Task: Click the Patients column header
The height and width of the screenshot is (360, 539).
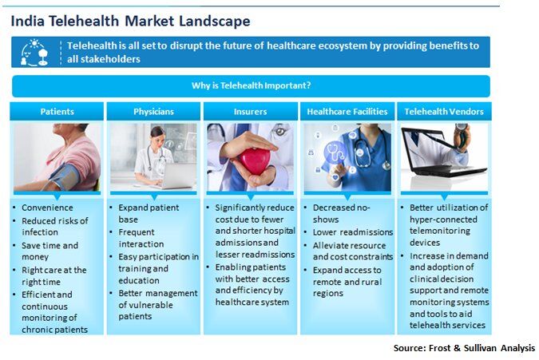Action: click(x=57, y=111)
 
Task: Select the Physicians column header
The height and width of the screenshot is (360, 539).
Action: click(x=153, y=111)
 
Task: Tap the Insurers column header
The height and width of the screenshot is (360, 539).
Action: click(x=250, y=111)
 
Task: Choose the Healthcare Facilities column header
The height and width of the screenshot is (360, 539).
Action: click(x=347, y=111)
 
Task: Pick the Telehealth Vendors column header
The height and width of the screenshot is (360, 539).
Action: click(x=444, y=111)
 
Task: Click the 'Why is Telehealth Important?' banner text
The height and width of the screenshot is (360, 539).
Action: click(x=251, y=85)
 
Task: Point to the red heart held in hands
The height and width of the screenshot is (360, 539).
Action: click(x=255, y=161)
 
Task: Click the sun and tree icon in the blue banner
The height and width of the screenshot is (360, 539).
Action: click(x=34, y=52)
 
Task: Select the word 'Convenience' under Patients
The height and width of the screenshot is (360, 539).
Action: click(x=47, y=208)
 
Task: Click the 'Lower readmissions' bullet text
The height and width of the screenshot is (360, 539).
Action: click(x=353, y=232)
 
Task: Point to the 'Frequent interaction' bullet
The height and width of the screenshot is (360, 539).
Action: click(x=141, y=238)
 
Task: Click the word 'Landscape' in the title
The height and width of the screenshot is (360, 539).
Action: click(x=215, y=21)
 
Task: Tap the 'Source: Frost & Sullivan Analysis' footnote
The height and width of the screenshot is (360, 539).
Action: click(x=464, y=348)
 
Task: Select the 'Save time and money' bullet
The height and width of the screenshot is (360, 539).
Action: click(x=50, y=251)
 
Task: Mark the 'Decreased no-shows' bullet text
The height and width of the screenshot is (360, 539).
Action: click(x=341, y=213)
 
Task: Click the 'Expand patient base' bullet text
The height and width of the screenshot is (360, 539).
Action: click(x=149, y=213)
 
